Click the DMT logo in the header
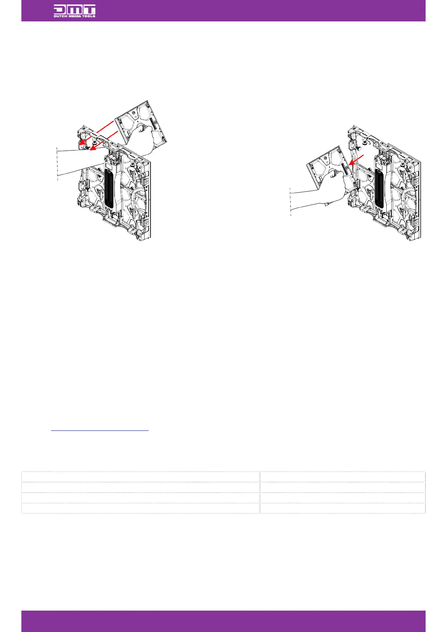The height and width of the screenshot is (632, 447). (74, 11)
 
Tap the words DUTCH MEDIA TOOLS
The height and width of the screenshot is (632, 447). (74, 16)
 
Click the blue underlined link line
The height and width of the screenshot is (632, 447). (99, 430)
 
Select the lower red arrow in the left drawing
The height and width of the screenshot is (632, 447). (104, 140)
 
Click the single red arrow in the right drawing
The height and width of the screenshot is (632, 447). (356, 160)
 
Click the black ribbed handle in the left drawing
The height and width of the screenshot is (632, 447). (109, 188)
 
